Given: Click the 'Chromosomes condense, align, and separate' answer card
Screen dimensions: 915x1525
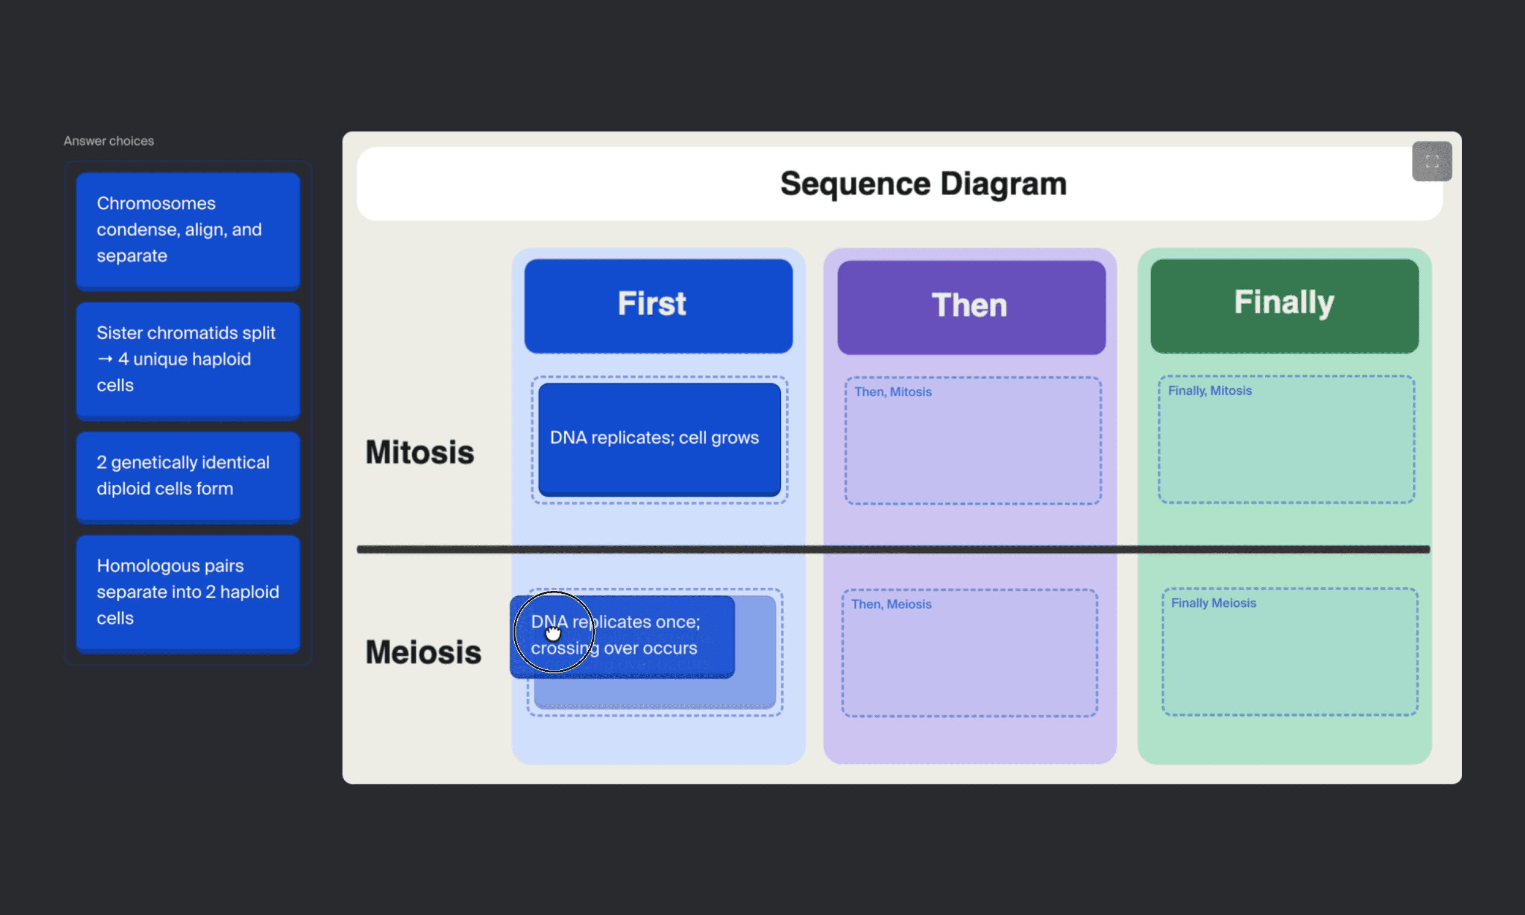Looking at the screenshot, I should tap(188, 229).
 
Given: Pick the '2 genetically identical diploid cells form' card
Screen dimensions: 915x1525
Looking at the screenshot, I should tap(188, 475).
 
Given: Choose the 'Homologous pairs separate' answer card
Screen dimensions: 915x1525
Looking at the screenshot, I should tap(188, 592).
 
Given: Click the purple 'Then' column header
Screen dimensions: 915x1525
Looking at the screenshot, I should tap(971, 306).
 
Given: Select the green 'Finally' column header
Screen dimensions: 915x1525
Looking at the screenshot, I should tap(1284, 305).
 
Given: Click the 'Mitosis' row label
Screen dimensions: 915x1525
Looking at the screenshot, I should tap(420, 452).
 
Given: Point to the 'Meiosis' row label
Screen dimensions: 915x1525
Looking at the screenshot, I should tap(423, 652).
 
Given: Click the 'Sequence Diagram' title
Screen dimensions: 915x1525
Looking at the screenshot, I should tap(923, 183).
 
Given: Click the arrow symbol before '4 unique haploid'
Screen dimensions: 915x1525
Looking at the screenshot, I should tap(105, 359).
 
